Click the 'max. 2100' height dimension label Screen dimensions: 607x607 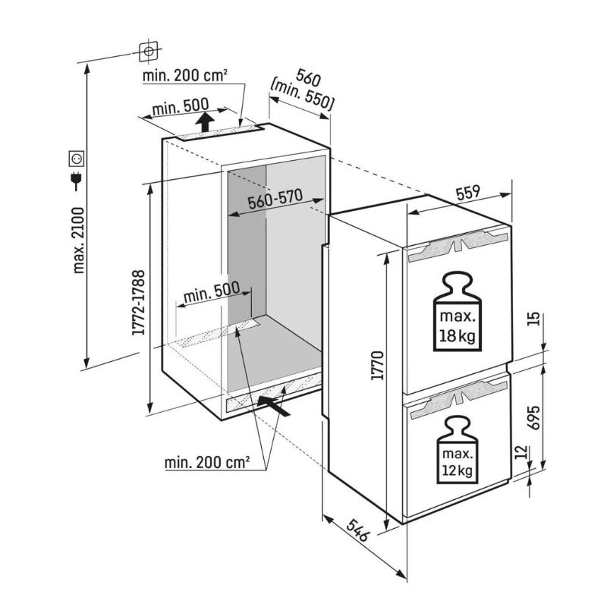[x=79, y=241]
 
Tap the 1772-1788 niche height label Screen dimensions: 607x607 [x=138, y=302]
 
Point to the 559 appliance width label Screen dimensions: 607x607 [x=468, y=193]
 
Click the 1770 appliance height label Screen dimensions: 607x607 [x=376, y=365]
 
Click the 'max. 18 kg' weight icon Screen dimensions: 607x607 [x=458, y=311]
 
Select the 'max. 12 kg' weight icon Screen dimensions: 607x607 [x=458, y=450]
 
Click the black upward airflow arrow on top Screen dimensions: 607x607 [x=204, y=122]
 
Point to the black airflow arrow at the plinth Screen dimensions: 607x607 [x=274, y=406]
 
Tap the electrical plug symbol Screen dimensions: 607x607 [x=77, y=180]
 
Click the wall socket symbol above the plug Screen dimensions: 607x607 [x=77, y=159]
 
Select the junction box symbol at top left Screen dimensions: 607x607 [x=148, y=51]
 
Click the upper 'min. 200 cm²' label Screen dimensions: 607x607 [x=184, y=75]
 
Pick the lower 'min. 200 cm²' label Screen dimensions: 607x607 [x=206, y=462]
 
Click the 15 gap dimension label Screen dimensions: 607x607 [x=533, y=318]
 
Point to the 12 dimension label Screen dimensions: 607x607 [x=522, y=451]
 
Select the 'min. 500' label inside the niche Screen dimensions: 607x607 [x=212, y=292]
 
